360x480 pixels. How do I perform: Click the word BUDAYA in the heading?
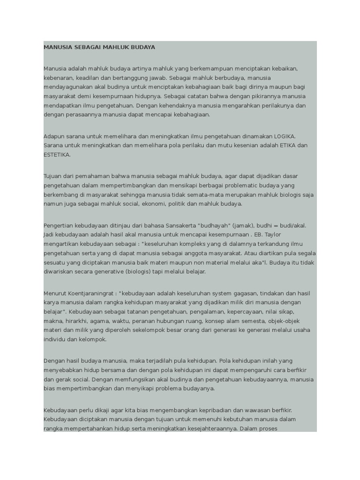pos(142,47)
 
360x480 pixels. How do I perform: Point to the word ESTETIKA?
pos(57,155)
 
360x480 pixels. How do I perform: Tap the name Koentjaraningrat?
pos(91,293)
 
